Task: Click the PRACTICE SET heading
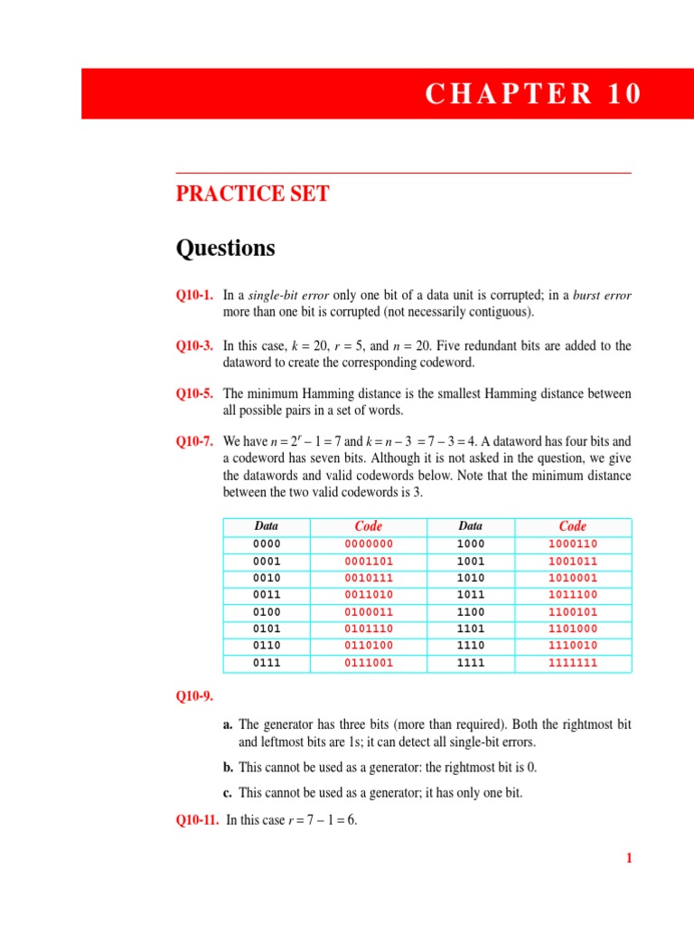tap(252, 194)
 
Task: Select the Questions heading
tap(225, 248)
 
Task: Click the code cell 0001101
tap(369, 561)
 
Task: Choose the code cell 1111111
tap(573, 663)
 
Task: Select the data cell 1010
tap(471, 578)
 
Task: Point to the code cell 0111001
tap(369, 663)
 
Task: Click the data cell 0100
tap(267, 611)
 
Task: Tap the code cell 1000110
tap(573, 544)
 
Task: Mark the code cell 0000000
tap(369, 544)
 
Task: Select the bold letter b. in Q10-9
tap(228, 768)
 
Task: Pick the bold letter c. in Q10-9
tap(228, 793)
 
